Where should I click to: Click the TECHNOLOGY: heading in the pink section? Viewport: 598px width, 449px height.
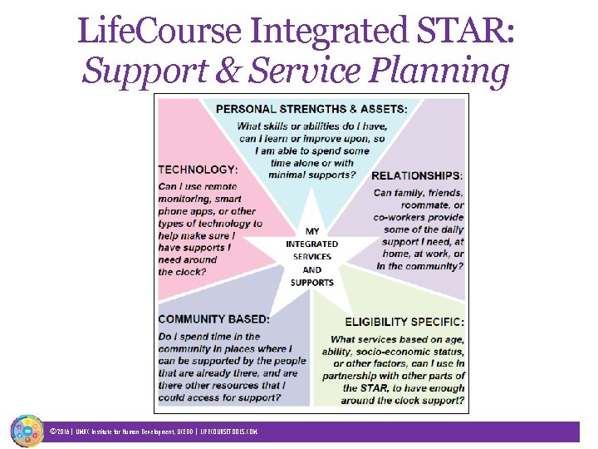tap(198, 170)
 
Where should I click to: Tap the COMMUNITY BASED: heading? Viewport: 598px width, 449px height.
tap(213, 319)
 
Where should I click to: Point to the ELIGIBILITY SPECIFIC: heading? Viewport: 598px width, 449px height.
tap(404, 322)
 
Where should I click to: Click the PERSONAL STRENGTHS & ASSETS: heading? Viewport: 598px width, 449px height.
tap(311, 109)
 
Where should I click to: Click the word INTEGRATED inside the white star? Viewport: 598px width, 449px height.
tap(311, 244)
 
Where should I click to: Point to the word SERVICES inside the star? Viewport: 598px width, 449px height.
tap(311, 257)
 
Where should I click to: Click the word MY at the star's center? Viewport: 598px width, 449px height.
tap(312, 231)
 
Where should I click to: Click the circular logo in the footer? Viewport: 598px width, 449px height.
tap(27, 430)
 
